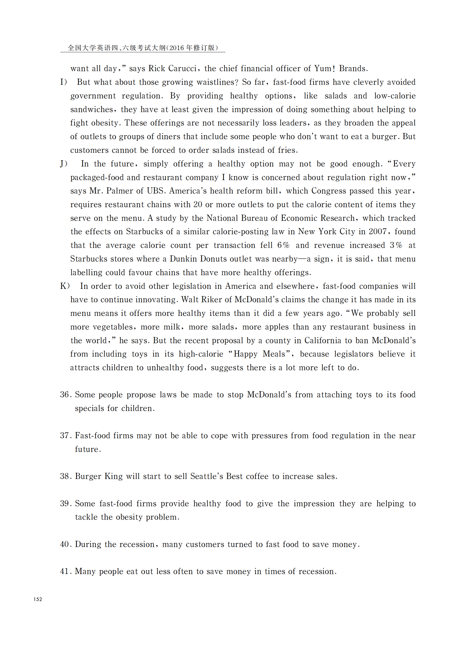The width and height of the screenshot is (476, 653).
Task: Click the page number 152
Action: (x=38, y=599)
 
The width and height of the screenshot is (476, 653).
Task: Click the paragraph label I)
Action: (x=64, y=82)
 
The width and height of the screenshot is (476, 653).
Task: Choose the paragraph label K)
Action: (x=65, y=286)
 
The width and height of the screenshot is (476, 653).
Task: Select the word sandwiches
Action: (x=91, y=110)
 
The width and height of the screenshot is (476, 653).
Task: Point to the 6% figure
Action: (x=283, y=245)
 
